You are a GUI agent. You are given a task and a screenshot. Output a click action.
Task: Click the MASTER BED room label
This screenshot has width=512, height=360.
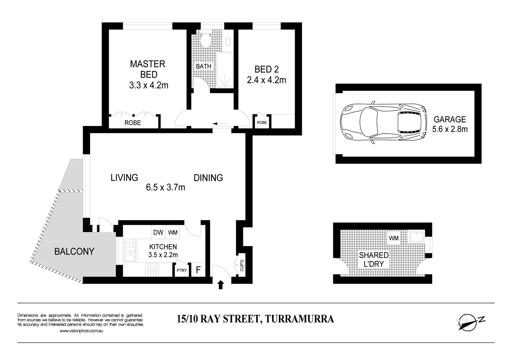tap(148, 69)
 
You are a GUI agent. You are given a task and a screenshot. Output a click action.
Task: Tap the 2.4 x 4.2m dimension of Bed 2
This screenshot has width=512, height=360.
tap(266, 80)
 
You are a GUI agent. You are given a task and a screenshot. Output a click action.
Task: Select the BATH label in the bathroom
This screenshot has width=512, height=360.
tap(203, 66)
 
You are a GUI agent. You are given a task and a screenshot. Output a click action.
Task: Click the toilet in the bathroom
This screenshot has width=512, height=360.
tap(206, 41)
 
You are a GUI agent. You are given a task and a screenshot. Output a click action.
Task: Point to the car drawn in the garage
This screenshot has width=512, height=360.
tap(383, 122)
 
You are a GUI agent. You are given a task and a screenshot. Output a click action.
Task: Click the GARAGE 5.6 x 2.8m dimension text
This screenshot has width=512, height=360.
tap(450, 129)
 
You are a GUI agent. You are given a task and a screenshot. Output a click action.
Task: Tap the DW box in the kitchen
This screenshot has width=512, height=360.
tap(158, 232)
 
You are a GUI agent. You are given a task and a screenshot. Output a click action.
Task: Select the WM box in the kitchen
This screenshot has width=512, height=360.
tap(173, 232)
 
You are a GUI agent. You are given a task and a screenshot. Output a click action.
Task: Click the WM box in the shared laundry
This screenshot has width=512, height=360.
tap(394, 238)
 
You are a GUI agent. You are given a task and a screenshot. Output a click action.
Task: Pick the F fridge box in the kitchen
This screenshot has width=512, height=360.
tap(198, 270)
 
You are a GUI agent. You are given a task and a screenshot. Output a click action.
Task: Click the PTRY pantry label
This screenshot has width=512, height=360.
tap(182, 270)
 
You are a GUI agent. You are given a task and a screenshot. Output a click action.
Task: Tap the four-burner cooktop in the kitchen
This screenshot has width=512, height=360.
tap(152, 269)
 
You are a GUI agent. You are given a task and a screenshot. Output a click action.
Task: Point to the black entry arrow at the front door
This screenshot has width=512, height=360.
tap(220, 285)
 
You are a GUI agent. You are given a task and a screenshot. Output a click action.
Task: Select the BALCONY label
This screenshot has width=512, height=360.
tap(74, 251)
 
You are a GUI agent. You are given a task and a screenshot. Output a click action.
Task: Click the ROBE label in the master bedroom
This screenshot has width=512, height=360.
tap(133, 123)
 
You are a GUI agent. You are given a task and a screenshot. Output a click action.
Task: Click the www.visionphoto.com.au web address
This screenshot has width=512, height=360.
tap(81, 331)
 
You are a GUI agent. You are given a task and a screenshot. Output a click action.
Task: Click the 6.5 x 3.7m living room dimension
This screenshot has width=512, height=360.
tap(165, 188)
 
